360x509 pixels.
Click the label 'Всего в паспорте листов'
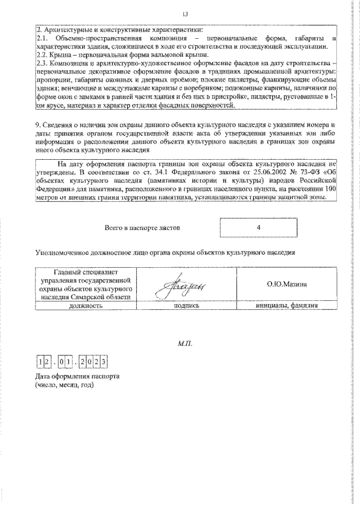pyautogui.click(x=143, y=228)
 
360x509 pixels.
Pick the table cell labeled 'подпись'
pyautogui.click(x=187, y=307)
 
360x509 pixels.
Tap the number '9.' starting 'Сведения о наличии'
pyautogui.click(x=38, y=124)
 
